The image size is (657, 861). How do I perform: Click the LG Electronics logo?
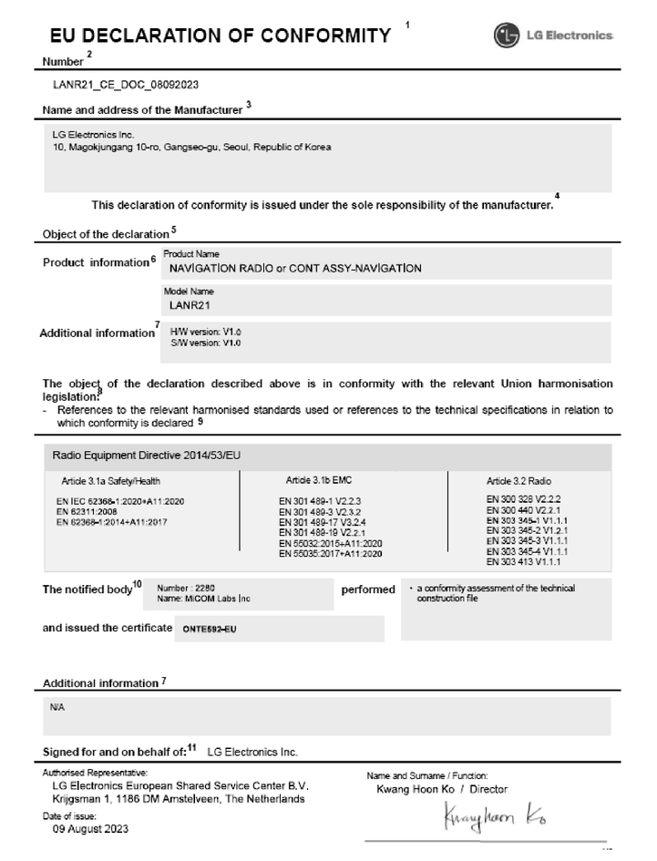pyautogui.click(x=553, y=36)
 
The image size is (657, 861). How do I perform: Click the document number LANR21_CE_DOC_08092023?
pyautogui.click(x=127, y=85)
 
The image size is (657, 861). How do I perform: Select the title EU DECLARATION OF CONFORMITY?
pyautogui.click(x=220, y=36)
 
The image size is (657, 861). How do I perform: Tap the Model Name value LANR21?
pyautogui.click(x=184, y=305)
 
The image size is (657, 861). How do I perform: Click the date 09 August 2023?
pyautogui.click(x=90, y=829)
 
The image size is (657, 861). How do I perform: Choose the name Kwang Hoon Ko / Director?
pyautogui.click(x=442, y=789)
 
